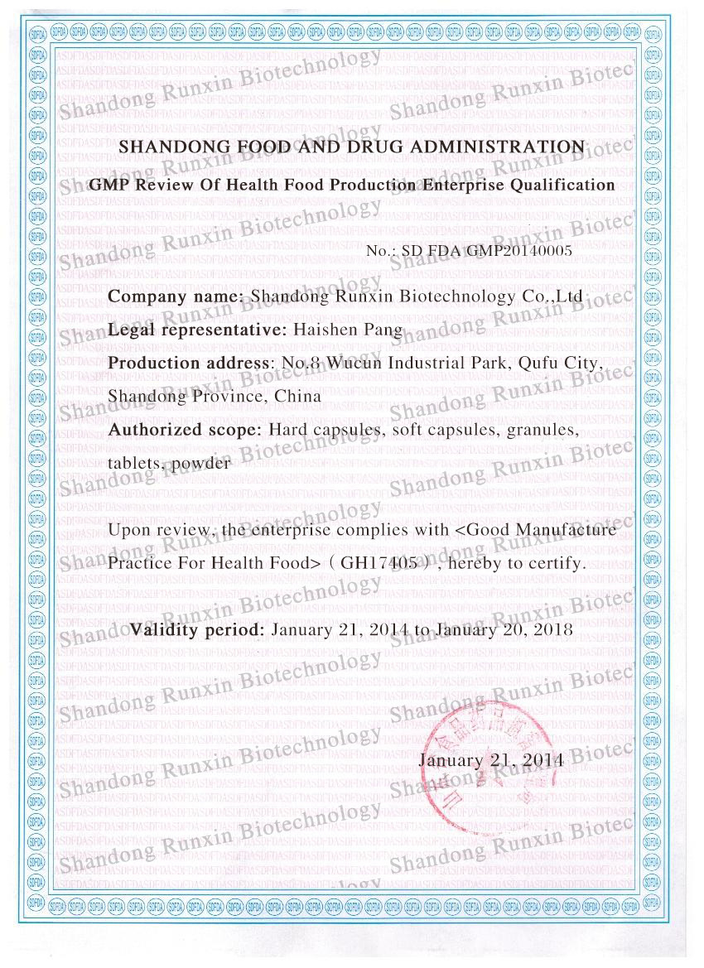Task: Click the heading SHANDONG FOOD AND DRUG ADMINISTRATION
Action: (x=352, y=147)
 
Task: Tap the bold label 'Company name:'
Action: (x=176, y=297)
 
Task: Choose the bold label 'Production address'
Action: (x=190, y=363)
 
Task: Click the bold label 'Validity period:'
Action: (x=197, y=629)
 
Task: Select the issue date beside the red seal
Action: (x=491, y=759)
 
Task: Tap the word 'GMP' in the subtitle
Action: (x=105, y=185)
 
